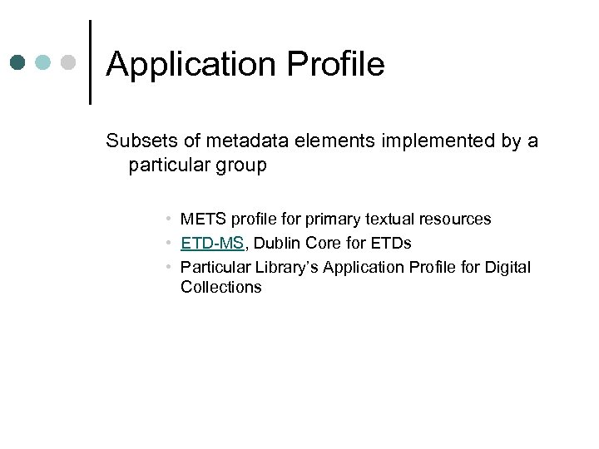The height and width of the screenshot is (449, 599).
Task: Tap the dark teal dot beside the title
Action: (x=19, y=62)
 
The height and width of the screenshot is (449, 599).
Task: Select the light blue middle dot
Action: (x=44, y=62)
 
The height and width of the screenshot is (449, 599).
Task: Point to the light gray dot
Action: (x=70, y=62)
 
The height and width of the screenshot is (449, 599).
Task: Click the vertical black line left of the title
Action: (x=89, y=62)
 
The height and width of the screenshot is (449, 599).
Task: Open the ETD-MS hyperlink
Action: (x=212, y=244)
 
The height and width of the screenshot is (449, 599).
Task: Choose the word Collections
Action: (x=220, y=288)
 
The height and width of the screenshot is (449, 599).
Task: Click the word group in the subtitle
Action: (x=239, y=165)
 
